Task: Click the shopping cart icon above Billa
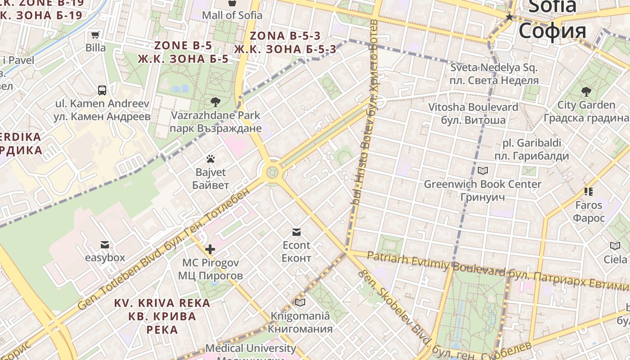coord(95,35)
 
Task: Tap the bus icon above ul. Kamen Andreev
coord(102,90)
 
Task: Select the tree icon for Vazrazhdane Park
coord(216,102)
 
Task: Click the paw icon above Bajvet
coord(210,159)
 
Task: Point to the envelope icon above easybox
coord(105,245)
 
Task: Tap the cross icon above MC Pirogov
coord(210,249)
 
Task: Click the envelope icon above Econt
coord(296,232)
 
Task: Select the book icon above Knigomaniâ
coord(300,303)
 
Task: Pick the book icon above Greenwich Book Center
coord(483,171)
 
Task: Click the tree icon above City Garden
coord(586,92)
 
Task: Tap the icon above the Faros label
coord(589,192)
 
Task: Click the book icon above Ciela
coord(615,246)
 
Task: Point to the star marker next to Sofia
coord(509,17)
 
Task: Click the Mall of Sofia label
coord(232,15)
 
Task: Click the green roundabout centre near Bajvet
coord(271,172)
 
